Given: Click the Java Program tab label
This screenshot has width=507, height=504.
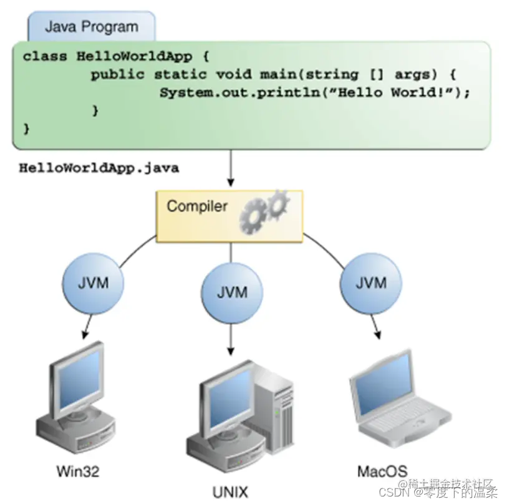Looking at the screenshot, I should (x=91, y=27).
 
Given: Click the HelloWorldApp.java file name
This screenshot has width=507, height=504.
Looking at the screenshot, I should (x=99, y=168).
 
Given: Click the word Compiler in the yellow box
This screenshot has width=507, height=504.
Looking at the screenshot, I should (x=197, y=206).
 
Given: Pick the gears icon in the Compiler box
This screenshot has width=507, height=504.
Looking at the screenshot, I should (x=264, y=208).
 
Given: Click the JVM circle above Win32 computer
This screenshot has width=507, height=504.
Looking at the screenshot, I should (x=93, y=283).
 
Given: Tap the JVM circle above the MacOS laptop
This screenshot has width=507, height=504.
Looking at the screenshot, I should (x=370, y=283).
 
